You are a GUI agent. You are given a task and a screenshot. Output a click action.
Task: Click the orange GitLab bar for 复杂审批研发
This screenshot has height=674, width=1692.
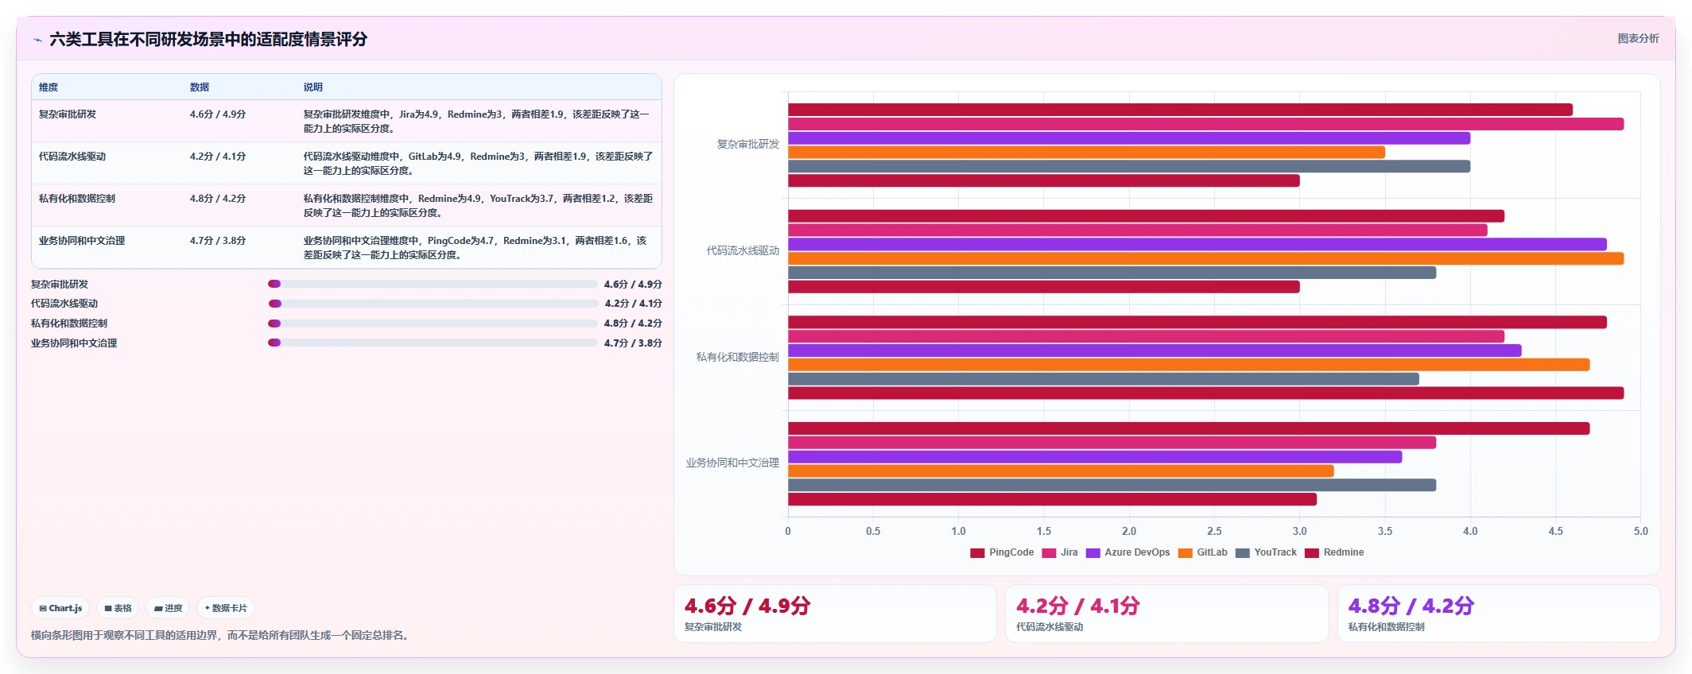click(x=1086, y=153)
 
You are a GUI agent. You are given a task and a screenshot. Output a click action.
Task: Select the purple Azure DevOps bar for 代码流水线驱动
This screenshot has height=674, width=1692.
click(x=1197, y=244)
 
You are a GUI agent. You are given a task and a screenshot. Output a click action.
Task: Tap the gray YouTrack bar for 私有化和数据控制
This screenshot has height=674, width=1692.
click(x=1103, y=379)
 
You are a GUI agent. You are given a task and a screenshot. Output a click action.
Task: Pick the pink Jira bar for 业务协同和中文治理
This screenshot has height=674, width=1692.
click(x=1112, y=443)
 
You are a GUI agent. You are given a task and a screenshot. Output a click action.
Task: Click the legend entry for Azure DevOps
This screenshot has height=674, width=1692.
click(x=1127, y=552)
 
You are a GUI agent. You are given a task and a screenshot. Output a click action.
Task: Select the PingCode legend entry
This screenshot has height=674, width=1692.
click(x=1002, y=552)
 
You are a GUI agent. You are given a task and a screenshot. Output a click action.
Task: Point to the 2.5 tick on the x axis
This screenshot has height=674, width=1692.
click(x=1214, y=531)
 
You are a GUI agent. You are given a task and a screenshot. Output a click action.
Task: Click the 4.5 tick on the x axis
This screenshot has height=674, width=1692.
click(x=1555, y=531)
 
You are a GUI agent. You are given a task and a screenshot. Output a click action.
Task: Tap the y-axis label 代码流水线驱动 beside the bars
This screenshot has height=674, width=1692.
click(x=743, y=250)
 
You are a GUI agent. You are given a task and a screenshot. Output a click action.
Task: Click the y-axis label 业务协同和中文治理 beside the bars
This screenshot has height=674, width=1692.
click(x=732, y=463)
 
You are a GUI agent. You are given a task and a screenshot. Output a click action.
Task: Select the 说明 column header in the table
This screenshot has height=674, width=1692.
click(x=312, y=87)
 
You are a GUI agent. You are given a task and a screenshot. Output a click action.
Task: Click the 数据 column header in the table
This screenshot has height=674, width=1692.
click(x=199, y=87)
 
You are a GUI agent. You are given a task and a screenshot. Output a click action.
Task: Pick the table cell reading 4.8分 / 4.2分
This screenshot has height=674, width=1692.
click(x=218, y=199)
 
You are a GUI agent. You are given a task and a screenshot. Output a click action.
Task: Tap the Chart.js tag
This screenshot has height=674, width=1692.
click(x=60, y=608)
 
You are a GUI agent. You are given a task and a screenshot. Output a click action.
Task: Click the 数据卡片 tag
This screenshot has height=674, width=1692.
click(x=226, y=608)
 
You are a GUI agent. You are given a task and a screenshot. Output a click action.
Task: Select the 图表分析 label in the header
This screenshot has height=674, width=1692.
click(x=1638, y=38)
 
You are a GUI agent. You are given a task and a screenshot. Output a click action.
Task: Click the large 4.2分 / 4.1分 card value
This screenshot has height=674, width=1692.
click(x=1077, y=606)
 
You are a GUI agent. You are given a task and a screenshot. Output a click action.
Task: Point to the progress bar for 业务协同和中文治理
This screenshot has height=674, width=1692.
click(x=433, y=343)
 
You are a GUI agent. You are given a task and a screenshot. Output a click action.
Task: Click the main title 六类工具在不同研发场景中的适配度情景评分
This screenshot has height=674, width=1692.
click(x=208, y=39)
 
